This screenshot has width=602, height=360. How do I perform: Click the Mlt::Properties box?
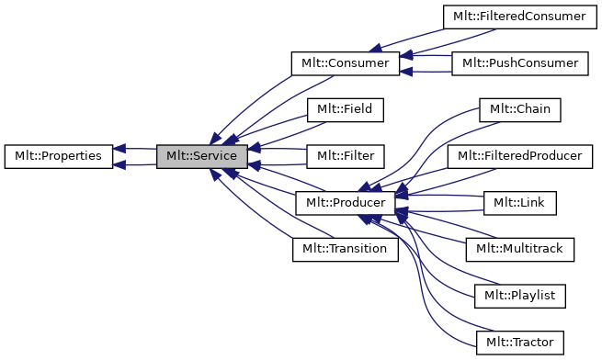[59, 157]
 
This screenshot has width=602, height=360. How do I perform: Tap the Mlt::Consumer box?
[345, 63]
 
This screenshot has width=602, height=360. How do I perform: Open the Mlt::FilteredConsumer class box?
[515, 17]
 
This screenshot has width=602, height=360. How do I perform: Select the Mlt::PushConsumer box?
[519, 63]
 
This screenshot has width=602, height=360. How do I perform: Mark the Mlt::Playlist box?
[519, 297]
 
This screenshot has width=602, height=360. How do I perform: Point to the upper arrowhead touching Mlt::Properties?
[120, 148]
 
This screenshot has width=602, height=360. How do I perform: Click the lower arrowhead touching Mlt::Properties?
[120, 166]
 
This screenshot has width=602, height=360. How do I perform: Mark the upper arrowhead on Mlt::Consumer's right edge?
[406, 55]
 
